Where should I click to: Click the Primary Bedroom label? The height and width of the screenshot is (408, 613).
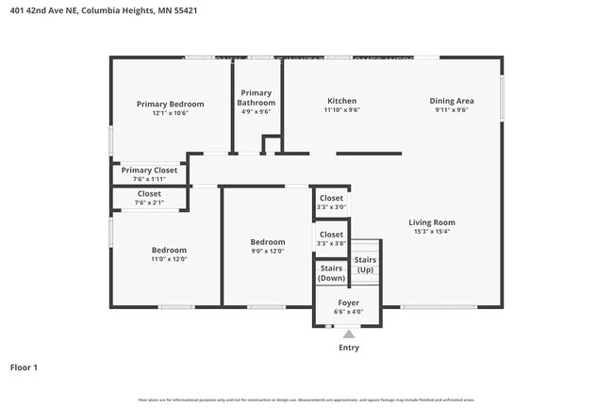coord(170,104)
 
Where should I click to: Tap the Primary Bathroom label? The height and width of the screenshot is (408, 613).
coord(255,98)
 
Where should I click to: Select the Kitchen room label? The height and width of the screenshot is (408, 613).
coord(341,101)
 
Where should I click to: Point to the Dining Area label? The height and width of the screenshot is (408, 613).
coord(452,101)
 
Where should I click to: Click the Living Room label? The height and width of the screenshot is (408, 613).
coord(433,222)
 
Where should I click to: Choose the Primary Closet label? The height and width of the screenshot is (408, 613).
coord(149,171)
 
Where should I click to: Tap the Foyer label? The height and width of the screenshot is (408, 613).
coord(348,303)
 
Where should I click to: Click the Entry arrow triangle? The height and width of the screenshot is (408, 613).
coord(349,334)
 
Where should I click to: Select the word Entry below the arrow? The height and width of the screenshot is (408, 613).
coord(349,348)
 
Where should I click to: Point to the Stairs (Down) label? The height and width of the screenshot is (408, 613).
coord(331,273)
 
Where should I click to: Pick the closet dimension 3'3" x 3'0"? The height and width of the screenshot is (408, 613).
coord(331,207)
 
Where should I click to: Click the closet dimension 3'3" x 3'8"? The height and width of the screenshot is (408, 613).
coord(331,243)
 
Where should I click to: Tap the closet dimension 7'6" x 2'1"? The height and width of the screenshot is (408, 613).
coord(149,203)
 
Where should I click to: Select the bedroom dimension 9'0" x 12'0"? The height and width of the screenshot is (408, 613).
coord(268,251)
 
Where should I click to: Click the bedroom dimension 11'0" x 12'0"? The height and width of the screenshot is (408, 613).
coord(170,259)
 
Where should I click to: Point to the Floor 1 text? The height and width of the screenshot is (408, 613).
coord(24,367)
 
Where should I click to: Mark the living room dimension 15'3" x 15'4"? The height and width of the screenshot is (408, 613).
coord(433,232)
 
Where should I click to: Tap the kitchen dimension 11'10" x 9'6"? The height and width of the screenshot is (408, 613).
coord(341,110)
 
